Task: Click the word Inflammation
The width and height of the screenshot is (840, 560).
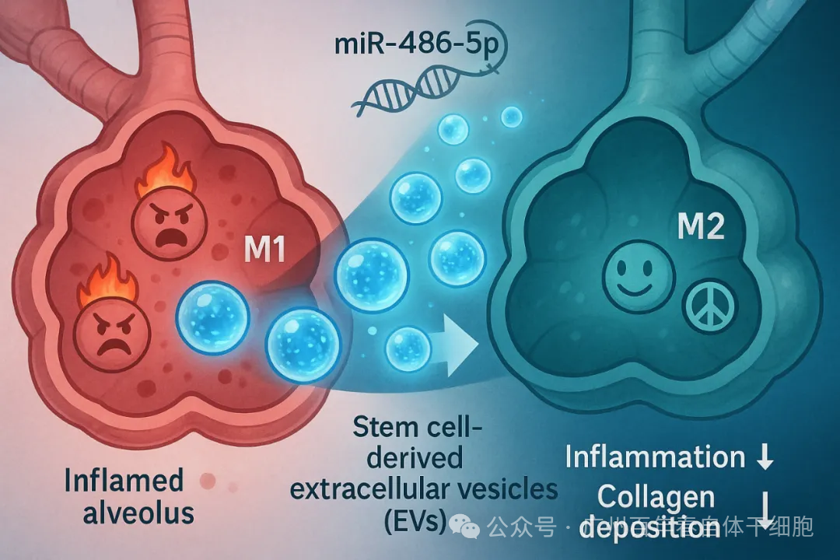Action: point(654,457)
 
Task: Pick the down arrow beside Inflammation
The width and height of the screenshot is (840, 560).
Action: point(765,458)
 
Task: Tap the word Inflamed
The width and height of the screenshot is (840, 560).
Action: point(124,480)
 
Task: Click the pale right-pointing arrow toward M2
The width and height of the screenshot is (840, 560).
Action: point(457,341)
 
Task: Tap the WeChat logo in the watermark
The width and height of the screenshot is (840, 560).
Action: point(470,529)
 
